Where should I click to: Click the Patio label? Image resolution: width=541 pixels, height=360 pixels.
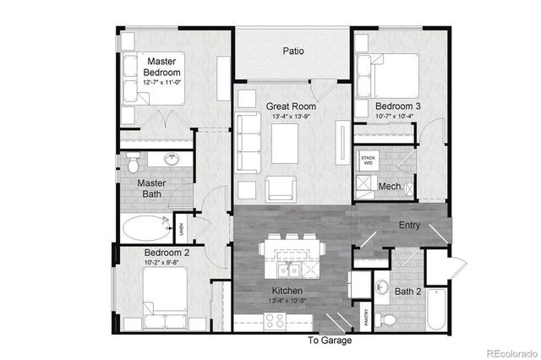[293, 52]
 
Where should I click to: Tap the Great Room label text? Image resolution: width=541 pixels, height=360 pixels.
[290, 106]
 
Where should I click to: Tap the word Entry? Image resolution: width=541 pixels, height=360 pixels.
[409, 225]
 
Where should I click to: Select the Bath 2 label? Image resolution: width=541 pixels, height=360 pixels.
[407, 292]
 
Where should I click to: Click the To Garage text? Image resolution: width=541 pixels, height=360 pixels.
[331, 341]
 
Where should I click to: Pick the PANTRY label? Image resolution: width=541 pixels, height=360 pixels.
[366, 316]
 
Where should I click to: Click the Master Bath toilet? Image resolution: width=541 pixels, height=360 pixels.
[131, 159]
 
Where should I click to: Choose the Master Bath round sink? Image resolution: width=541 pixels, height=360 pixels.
[175, 158]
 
